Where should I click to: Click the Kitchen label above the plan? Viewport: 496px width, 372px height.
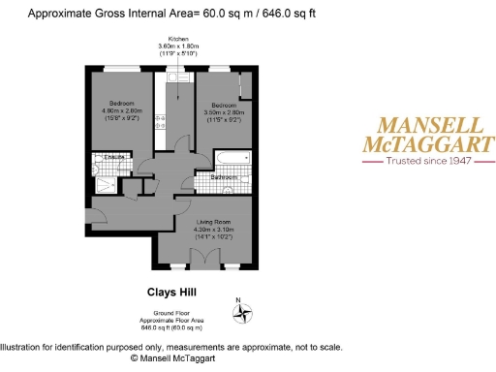(177, 38)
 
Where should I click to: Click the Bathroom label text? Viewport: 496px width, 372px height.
(225, 177)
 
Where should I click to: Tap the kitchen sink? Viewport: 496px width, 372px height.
(163, 121)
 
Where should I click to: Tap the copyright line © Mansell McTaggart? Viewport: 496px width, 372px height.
(173, 357)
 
